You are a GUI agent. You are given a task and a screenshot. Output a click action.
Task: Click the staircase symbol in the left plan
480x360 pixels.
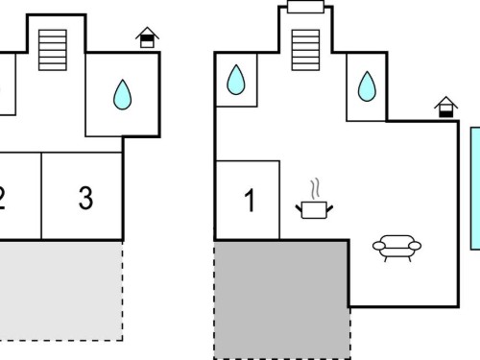[53, 50]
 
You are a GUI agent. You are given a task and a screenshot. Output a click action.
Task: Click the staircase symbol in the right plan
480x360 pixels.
[305, 50]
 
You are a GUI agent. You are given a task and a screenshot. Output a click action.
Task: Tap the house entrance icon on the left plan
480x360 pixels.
[147, 37]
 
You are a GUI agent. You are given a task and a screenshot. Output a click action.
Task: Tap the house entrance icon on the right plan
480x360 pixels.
[446, 107]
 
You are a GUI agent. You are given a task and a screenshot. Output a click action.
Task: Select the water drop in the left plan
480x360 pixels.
[122, 95]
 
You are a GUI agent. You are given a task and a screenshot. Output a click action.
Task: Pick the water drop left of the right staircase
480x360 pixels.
[236, 80]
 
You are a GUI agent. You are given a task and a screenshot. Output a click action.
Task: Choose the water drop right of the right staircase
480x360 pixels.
[367, 86]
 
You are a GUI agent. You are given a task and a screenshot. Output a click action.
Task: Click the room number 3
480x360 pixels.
[85, 198]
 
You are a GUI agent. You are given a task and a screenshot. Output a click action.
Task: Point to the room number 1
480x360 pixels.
[250, 200]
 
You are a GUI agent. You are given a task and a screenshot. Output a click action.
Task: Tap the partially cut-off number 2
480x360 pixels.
[2, 199]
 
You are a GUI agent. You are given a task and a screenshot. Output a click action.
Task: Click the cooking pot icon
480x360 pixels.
[314, 209]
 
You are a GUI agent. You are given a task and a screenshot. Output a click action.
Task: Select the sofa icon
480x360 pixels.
[396, 248]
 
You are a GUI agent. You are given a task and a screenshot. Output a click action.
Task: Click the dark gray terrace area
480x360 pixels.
[281, 300]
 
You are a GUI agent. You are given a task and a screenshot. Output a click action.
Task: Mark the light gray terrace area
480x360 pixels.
[60, 291]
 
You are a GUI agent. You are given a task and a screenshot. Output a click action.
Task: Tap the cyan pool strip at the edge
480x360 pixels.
[475, 188]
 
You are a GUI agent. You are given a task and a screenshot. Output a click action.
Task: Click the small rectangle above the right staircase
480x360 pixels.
[305, 7]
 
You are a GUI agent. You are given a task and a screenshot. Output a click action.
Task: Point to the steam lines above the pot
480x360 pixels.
[315, 188]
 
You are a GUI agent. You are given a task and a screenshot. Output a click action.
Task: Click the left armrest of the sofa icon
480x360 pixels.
[379, 246]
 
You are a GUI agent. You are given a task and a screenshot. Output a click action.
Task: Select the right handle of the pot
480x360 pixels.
[329, 208]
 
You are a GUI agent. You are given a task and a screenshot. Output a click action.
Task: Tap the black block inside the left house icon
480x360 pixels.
[147, 38]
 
